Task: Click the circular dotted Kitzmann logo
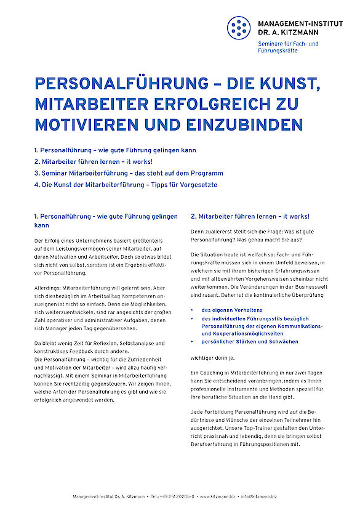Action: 239,28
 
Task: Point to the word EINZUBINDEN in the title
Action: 243,124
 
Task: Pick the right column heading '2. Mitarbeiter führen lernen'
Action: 250,216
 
